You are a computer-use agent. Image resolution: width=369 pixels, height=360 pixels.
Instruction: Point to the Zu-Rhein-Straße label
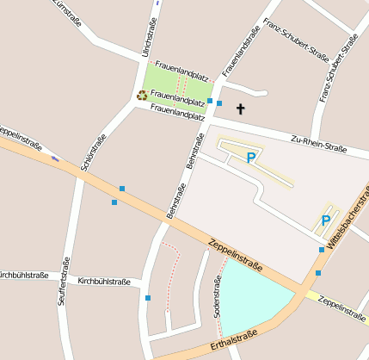[x=318, y=143]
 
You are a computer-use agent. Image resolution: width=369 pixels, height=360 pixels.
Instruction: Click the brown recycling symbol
[x=142, y=96]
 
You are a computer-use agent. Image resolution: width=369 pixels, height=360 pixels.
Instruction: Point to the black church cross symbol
[x=240, y=109]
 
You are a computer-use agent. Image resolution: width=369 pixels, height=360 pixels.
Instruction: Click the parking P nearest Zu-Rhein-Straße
[x=251, y=158]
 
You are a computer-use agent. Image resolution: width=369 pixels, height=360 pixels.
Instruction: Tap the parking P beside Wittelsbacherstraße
[x=326, y=220]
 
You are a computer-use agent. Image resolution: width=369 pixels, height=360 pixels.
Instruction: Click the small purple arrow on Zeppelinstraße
[x=56, y=158]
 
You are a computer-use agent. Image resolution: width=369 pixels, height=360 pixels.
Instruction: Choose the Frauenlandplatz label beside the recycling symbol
[x=178, y=96]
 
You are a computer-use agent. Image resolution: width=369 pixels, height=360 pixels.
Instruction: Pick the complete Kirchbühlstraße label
[x=104, y=281]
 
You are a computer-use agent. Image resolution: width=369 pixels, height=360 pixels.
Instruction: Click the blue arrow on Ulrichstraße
[x=157, y=3]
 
